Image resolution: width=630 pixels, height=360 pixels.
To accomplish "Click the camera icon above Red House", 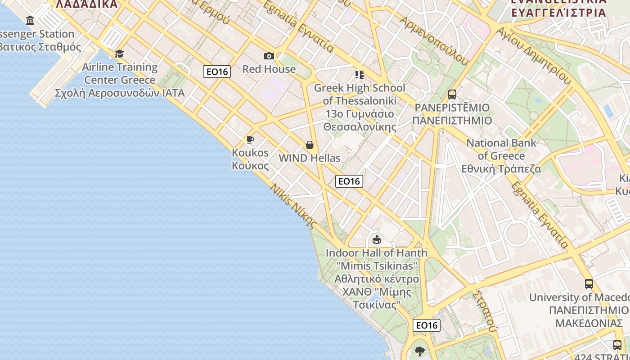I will click(x=269, y=56).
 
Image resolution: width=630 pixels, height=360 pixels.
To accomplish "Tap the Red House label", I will click(x=269, y=69).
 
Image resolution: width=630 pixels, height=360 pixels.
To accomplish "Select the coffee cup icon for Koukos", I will click(x=250, y=139).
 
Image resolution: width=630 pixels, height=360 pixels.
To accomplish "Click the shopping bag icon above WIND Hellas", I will click(x=310, y=145).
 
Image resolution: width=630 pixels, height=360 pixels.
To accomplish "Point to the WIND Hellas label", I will click(x=310, y=158).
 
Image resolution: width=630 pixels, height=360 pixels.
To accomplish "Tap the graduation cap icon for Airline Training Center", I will click(x=119, y=54).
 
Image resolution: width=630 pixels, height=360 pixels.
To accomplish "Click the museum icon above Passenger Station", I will click(x=30, y=20).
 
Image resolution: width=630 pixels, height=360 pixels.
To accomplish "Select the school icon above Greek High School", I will click(x=359, y=74).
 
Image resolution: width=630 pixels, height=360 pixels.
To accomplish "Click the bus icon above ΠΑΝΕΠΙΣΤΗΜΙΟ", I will click(x=452, y=94).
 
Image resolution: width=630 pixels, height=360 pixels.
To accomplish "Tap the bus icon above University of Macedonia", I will click(x=589, y=284).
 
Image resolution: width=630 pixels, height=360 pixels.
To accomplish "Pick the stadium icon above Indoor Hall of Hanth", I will click(x=377, y=239).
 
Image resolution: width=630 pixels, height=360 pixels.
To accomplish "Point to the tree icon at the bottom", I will click(x=420, y=351).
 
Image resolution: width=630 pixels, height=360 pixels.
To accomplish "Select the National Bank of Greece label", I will click(x=501, y=156).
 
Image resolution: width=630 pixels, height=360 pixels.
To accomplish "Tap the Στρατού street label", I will click(x=484, y=310).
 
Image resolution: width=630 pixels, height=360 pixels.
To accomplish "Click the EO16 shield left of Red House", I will click(x=217, y=71).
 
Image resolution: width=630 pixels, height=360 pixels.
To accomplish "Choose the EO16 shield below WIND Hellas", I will click(x=349, y=181).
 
